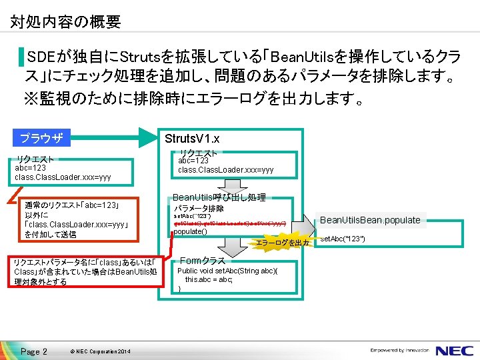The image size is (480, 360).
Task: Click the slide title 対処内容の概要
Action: pyautogui.click(x=65, y=22)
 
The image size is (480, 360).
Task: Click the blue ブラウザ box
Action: pyautogui.click(x=42, y=139)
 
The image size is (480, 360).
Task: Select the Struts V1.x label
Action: pyautogui.click(x=192, y=139)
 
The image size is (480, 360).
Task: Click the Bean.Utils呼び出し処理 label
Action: pyautogui.click(x=219, y=197)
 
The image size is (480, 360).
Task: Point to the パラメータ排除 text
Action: pyautogui.click(x=199, y=209)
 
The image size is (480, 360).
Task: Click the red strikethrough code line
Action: pyautogui.click(x=229, y=223)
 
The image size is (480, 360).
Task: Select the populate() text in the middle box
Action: pyautogui.click(x=191, y=231)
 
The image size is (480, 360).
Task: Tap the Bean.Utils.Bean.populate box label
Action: pyautogui.click(x=370, y=220)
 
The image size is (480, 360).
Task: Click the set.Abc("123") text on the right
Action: pyautogui.click(x=343, y=238)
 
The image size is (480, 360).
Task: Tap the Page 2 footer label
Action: pyautogui.click(x=33, y=351)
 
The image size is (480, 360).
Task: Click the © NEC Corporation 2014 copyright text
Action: pyautogui.click(x=99, y=351)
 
